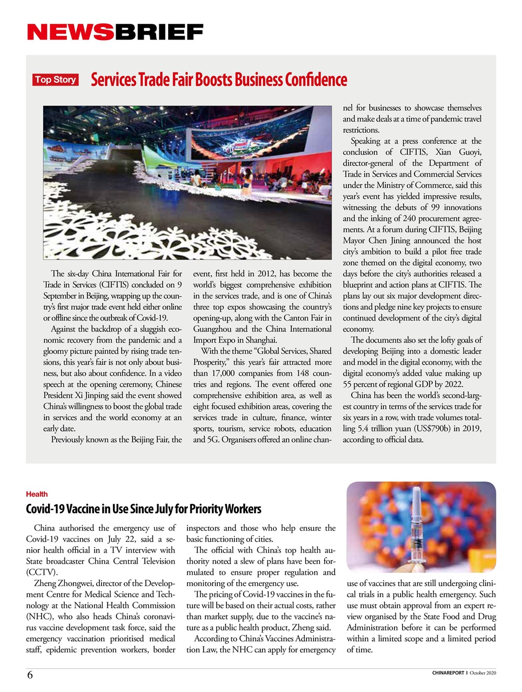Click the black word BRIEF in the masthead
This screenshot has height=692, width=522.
click(x=158, y=32)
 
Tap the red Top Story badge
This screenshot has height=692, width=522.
click(x=55, y=79)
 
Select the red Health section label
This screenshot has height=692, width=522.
click(x=37, y=494)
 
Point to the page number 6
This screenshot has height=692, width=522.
click(x=30, y=675)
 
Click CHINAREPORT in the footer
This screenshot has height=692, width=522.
click(x=448, y=673)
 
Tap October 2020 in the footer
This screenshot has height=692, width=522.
click(x=483, y=673)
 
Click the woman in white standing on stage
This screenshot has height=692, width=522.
click(x=248, y=181)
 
